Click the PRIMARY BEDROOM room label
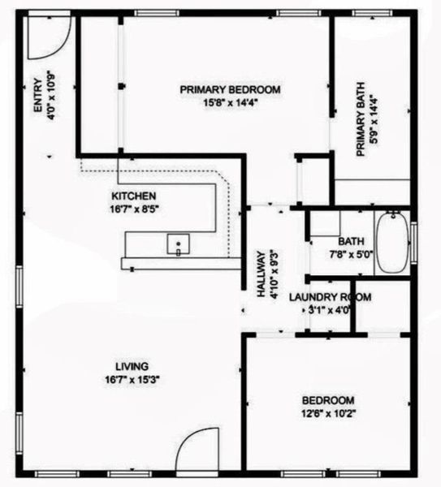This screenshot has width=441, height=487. pyautogui.click(x=231, y=89)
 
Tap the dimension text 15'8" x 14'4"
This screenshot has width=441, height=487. pyautogui.click(x=231, y=102)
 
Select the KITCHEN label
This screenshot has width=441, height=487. pyautogui.click(x=133, y=196)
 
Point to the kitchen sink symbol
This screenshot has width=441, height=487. pyautogui.click(x=178, y=243)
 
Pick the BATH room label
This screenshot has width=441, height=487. pyautogui.click(x=351, y=241)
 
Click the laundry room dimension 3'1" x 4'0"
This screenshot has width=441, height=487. pyautogui.click(x=329, y=310)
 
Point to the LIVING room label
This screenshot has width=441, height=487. pyautogui.click(x=131, y=366)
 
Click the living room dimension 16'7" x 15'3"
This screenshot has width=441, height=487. pyautogui.click(x=131, y=379)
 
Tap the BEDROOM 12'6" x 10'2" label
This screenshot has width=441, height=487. pyautogui.click(x=328, y=400)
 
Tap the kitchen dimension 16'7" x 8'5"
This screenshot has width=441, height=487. pyautogui.click(x=133, y=209)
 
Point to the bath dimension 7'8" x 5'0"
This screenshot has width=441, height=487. pyautogui.click(x=351, y=253)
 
